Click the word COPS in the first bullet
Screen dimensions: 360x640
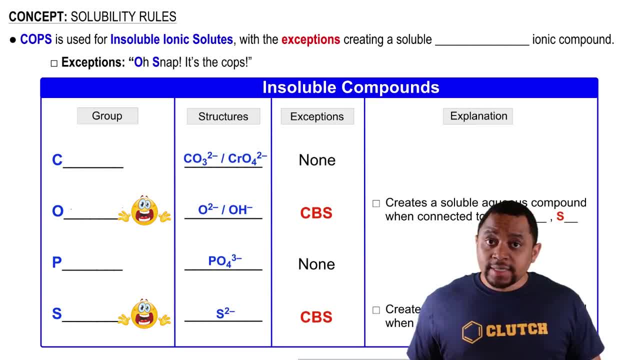pyautogui.click(x=36, y=39)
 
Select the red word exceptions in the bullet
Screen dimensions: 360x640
pyautogui.click(x=310, y=39)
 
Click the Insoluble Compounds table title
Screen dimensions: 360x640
pyautogui.click(x=350, y=87)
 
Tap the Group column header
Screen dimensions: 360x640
pyautogui.click(x=107, y=116)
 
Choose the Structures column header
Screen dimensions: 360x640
pyautogui.click(x=223, y=116)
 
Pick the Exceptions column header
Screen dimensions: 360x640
pyautogui.click(x=317, y=116)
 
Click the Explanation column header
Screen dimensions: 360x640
pyautogui.click(x=478, y=116)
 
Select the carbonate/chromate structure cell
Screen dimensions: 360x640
pyautogui.click(x=225, y=159)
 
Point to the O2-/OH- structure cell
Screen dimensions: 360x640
pyautogui.click(x=225, y=210)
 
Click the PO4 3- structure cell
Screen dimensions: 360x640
pyautogui.click(x=225, y=261)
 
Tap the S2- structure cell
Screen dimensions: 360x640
pyautogui.click(x=225, y=313)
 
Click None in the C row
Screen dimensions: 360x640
pyautogui.click(x=317, y=160)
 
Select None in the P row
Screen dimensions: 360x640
pyautogui.click(x=316, y=264)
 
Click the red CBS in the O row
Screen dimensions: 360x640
pyautogui.click(x=316, y=213)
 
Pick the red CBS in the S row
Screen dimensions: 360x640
pyautogui.click(x=316, y=317)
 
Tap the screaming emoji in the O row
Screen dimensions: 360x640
pyautogui.click(x=144, y=210)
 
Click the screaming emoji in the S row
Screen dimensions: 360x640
pyautogui.click(x=144, y=314)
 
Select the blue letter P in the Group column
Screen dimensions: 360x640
pyautogui.click(x=56, y=263)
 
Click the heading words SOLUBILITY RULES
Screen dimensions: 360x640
pyautogui.click(x=123, y=17)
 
